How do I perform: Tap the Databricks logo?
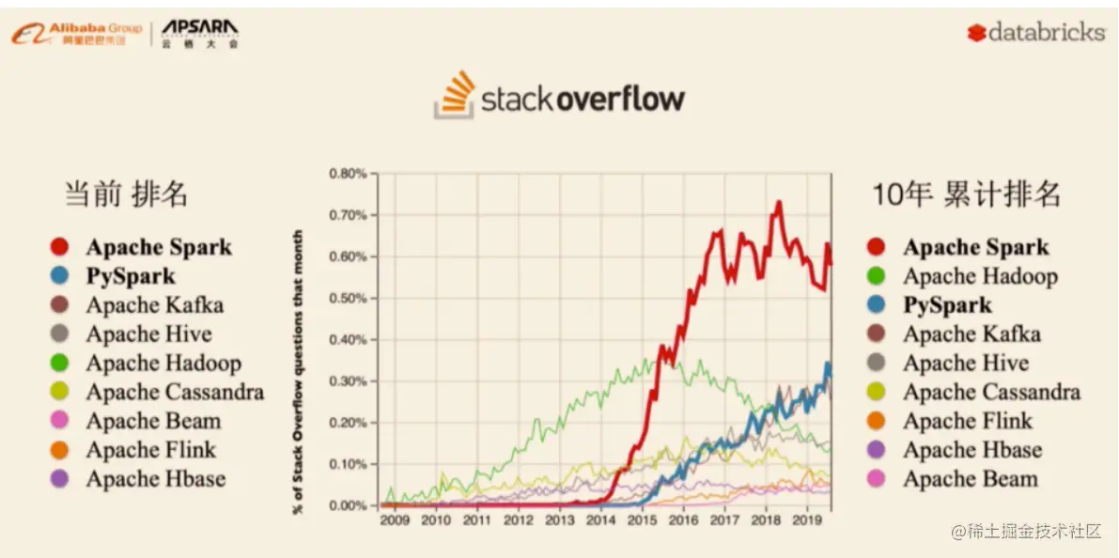(x=1035, y=33)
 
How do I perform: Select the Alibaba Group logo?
(x=77, y=34)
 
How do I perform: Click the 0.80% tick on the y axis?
(x=347, y=174)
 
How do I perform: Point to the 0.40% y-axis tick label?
(x=347, y=339)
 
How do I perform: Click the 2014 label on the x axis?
(x=601, y=519)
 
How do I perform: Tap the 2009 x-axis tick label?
(x=395, y=519)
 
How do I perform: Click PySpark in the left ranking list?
(x=131, y=276)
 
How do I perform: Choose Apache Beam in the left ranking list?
(x=153, y=421)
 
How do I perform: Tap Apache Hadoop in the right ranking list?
(x=980, y=276)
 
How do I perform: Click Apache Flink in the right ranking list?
(x=967, y=421)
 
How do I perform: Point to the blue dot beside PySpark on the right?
(x=877, y=305)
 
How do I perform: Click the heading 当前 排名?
(x=126, y=194)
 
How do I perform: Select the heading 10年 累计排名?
(x=967, y=194)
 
